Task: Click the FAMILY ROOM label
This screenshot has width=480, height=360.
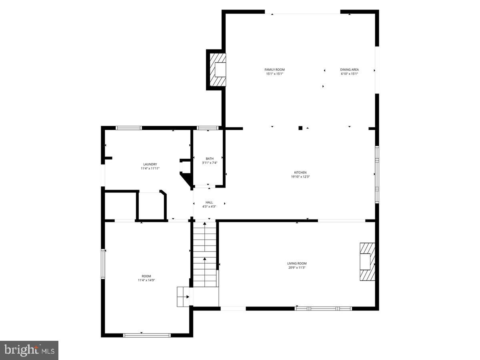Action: (274, 70)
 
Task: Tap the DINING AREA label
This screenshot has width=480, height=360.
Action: (349, 70)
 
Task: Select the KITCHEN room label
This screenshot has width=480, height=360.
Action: (300, 172)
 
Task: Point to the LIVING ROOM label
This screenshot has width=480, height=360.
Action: (297, 263)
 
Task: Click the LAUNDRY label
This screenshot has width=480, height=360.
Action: (150, 164)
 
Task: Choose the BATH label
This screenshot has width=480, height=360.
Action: (210, 158)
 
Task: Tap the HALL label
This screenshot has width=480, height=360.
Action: (209, 202)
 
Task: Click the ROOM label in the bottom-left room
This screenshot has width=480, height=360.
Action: (146, 276)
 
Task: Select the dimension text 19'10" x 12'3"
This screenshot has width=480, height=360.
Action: (300, 177)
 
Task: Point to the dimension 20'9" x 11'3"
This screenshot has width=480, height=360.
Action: (297, 268)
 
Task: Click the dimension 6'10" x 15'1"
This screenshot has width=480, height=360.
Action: (349, 74)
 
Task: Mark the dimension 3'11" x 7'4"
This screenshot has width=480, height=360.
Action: (210, 163)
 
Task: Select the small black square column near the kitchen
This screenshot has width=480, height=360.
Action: (300, 128)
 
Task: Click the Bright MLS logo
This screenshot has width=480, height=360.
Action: (29, 350)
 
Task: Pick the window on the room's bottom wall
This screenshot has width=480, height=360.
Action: (146, 335)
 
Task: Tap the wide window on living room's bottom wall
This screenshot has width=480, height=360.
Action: (323, 308)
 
